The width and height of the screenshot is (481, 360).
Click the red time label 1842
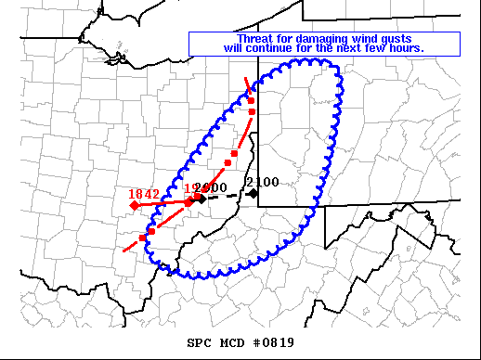pos(144,194)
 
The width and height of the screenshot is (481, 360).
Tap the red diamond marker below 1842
pos(135,204)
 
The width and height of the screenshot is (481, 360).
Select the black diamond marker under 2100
pos(253,193)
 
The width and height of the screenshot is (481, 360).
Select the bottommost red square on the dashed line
pos(143,238)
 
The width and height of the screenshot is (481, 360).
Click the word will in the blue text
pos(234,47)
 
